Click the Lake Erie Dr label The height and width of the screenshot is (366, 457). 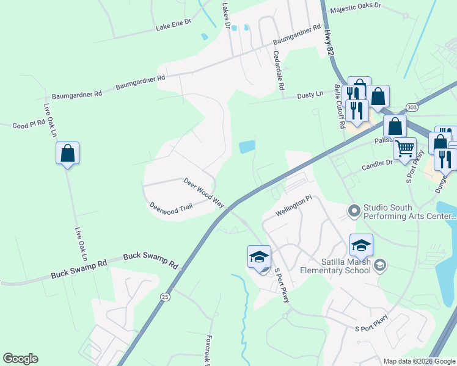pyautogui.click(x=174, y=24)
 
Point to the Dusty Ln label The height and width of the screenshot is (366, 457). pyautogui.click(x=310, y=95)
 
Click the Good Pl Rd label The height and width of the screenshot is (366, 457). pyautogui.click(x=29, y=124)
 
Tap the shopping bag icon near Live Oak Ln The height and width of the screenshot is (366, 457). pyautogui.click(x=67, y=154)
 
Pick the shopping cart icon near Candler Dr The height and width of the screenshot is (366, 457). pyautogui.click(x=404, y=148)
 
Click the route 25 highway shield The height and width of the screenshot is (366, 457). pyautogui.click(x=165, y=296)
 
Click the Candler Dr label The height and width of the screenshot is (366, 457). pyautogui.click(x=377, y=164)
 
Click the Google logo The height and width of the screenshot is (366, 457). pyautogui.click(x=20, y=359)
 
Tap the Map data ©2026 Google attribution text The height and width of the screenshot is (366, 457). pyautogui.click(x=419, y=361)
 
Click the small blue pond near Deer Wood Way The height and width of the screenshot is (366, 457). pyautogui.click(x=247, y=146)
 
